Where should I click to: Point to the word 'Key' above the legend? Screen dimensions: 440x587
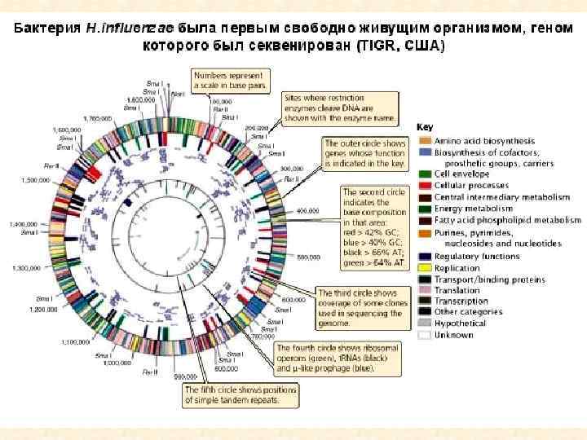pyautogui.click(x=425, y=127)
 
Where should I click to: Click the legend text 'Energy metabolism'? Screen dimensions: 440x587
pyautogui.click(x=473, y=209)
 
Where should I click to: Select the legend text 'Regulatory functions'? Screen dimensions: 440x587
pyautogui.click(x=477, y=256)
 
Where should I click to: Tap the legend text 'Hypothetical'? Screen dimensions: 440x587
pyautogui.click(x=461, y=323)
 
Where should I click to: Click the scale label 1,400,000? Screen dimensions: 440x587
pyautogui.click(x=24, y=224)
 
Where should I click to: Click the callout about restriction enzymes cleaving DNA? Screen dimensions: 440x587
pyautogui.click(x=340, y=108)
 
